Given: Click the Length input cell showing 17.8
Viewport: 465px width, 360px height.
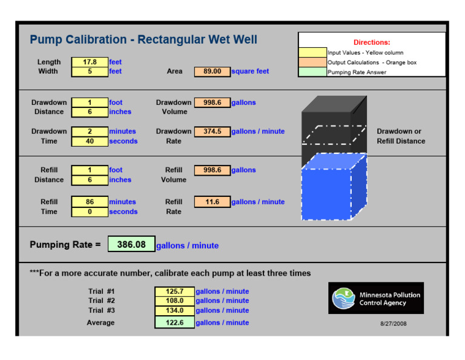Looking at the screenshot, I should click(x=90, y=62).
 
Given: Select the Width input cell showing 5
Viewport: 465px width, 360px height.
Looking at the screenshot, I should click(x=90, y=72).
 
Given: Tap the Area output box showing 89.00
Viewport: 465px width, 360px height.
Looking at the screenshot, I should click(x=212, y=72).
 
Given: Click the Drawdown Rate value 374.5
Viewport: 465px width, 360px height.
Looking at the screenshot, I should click(x=212, y=132).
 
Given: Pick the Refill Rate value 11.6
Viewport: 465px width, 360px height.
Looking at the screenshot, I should click(x=212, y=202).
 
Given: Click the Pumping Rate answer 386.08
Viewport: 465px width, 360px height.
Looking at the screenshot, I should click(x=131, y=244).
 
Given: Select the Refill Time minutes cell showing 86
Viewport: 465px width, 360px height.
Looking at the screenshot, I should click(x=90, y=202).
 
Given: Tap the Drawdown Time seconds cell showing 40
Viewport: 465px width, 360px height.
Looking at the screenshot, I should click(x=90, y=141).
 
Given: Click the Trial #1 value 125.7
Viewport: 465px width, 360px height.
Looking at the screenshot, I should click(x=174, y=292).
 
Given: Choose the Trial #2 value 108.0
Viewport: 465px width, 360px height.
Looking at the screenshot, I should click(x=174, y=301).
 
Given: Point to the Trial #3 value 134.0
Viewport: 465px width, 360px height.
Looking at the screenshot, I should click(x=174, y=310).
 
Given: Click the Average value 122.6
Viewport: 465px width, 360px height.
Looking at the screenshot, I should click(x=174, y=322).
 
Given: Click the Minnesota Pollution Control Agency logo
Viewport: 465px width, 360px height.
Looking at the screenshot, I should click(x=376, y=298).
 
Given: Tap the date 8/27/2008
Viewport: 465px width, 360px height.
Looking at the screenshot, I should click(x=394, y=324).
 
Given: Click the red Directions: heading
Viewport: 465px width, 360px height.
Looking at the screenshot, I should click(x=372, y=42).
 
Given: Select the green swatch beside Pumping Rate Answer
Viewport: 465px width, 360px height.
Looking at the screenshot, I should click(x=312, y=72).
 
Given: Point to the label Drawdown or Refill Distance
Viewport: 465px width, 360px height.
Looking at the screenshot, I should click(x=401, y=136).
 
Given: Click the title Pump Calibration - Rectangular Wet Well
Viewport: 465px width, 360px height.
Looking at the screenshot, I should click(x=143, y=40).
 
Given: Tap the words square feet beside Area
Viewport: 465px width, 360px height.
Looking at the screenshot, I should click(x=250, y=72).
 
